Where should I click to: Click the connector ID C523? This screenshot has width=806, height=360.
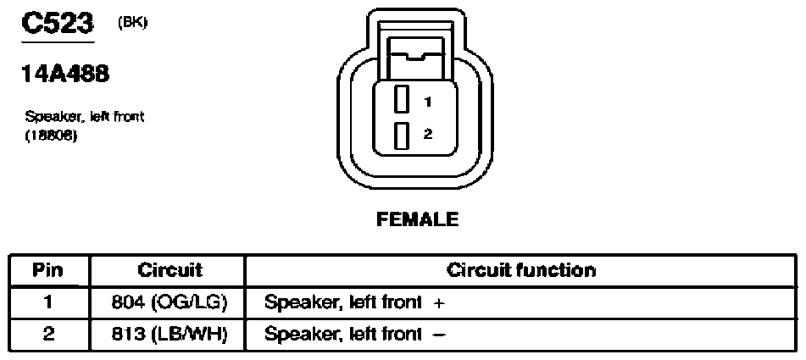click(x=58, y=23)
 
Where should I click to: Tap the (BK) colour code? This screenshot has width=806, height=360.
click(x=132, y=23)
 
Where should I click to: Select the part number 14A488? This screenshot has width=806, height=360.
click(x=65, y=75)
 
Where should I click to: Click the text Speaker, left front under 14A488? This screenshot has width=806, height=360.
click(x=84, y=117)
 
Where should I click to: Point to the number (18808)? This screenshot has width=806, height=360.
click(x=51, y=137)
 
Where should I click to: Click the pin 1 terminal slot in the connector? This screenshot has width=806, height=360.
click(x=402, y=99)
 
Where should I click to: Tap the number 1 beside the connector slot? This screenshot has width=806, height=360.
click(x=428, y=102)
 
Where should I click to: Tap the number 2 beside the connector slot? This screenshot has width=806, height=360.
click(x=428, y=134)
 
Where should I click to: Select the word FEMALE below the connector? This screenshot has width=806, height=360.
click(x=417, y=219)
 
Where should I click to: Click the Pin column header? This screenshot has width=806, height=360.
click(x=47, y=270)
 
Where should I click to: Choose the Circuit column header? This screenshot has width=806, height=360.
click(x=170, y=270)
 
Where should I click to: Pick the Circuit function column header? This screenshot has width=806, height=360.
click(x=521, y=270)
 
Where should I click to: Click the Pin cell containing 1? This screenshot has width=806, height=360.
click(x=47, y=302)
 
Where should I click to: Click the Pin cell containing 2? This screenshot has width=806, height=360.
click(x=47, y=335)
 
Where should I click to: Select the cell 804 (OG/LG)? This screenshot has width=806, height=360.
click(x=170, y=303)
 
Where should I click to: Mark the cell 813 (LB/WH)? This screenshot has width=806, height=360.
click(x=170, y=335)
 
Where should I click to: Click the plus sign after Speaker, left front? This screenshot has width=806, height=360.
click(x=438, y=303)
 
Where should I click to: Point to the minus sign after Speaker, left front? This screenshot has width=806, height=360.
click(x=439, y=335)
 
